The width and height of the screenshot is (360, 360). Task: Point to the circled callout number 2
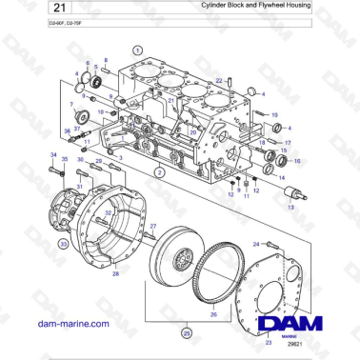point(160,172)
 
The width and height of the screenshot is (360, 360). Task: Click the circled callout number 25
point(187,333)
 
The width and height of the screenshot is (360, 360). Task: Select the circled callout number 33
point(63,244)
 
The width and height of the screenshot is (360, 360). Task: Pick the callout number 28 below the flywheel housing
point(115,274)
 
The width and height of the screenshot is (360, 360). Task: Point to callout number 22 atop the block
point(218,81)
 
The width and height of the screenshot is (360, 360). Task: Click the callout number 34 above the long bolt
point(53,154)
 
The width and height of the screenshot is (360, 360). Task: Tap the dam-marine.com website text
point(70,324)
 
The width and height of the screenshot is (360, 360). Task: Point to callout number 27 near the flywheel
point(151,226)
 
